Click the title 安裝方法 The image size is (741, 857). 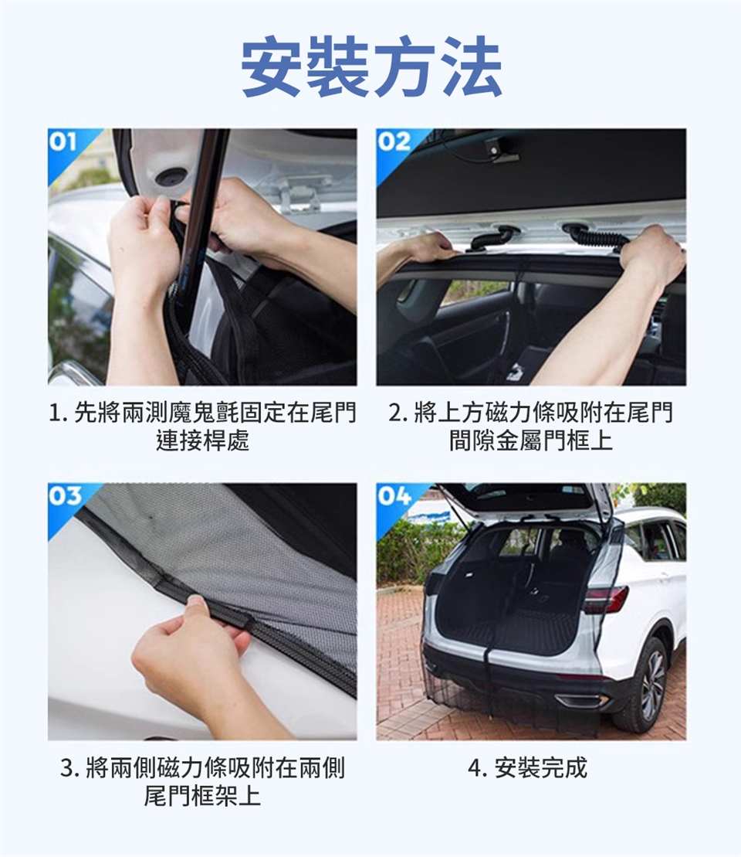(x=371, y=66)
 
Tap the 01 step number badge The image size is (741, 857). (x=63, y=141)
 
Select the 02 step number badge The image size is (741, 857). (x=393, y=141)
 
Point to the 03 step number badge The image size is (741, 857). (x=65, y=495)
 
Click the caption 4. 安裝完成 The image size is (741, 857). (x=527, y=768)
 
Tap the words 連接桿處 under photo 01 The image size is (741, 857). (x=202, y=440)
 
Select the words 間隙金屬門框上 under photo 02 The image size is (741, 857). (x=531, y=440)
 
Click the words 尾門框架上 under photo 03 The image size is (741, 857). (x=202, y=795)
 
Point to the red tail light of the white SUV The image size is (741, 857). (x=606, y=599)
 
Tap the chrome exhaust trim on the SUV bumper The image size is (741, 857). (x=580, y=700)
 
